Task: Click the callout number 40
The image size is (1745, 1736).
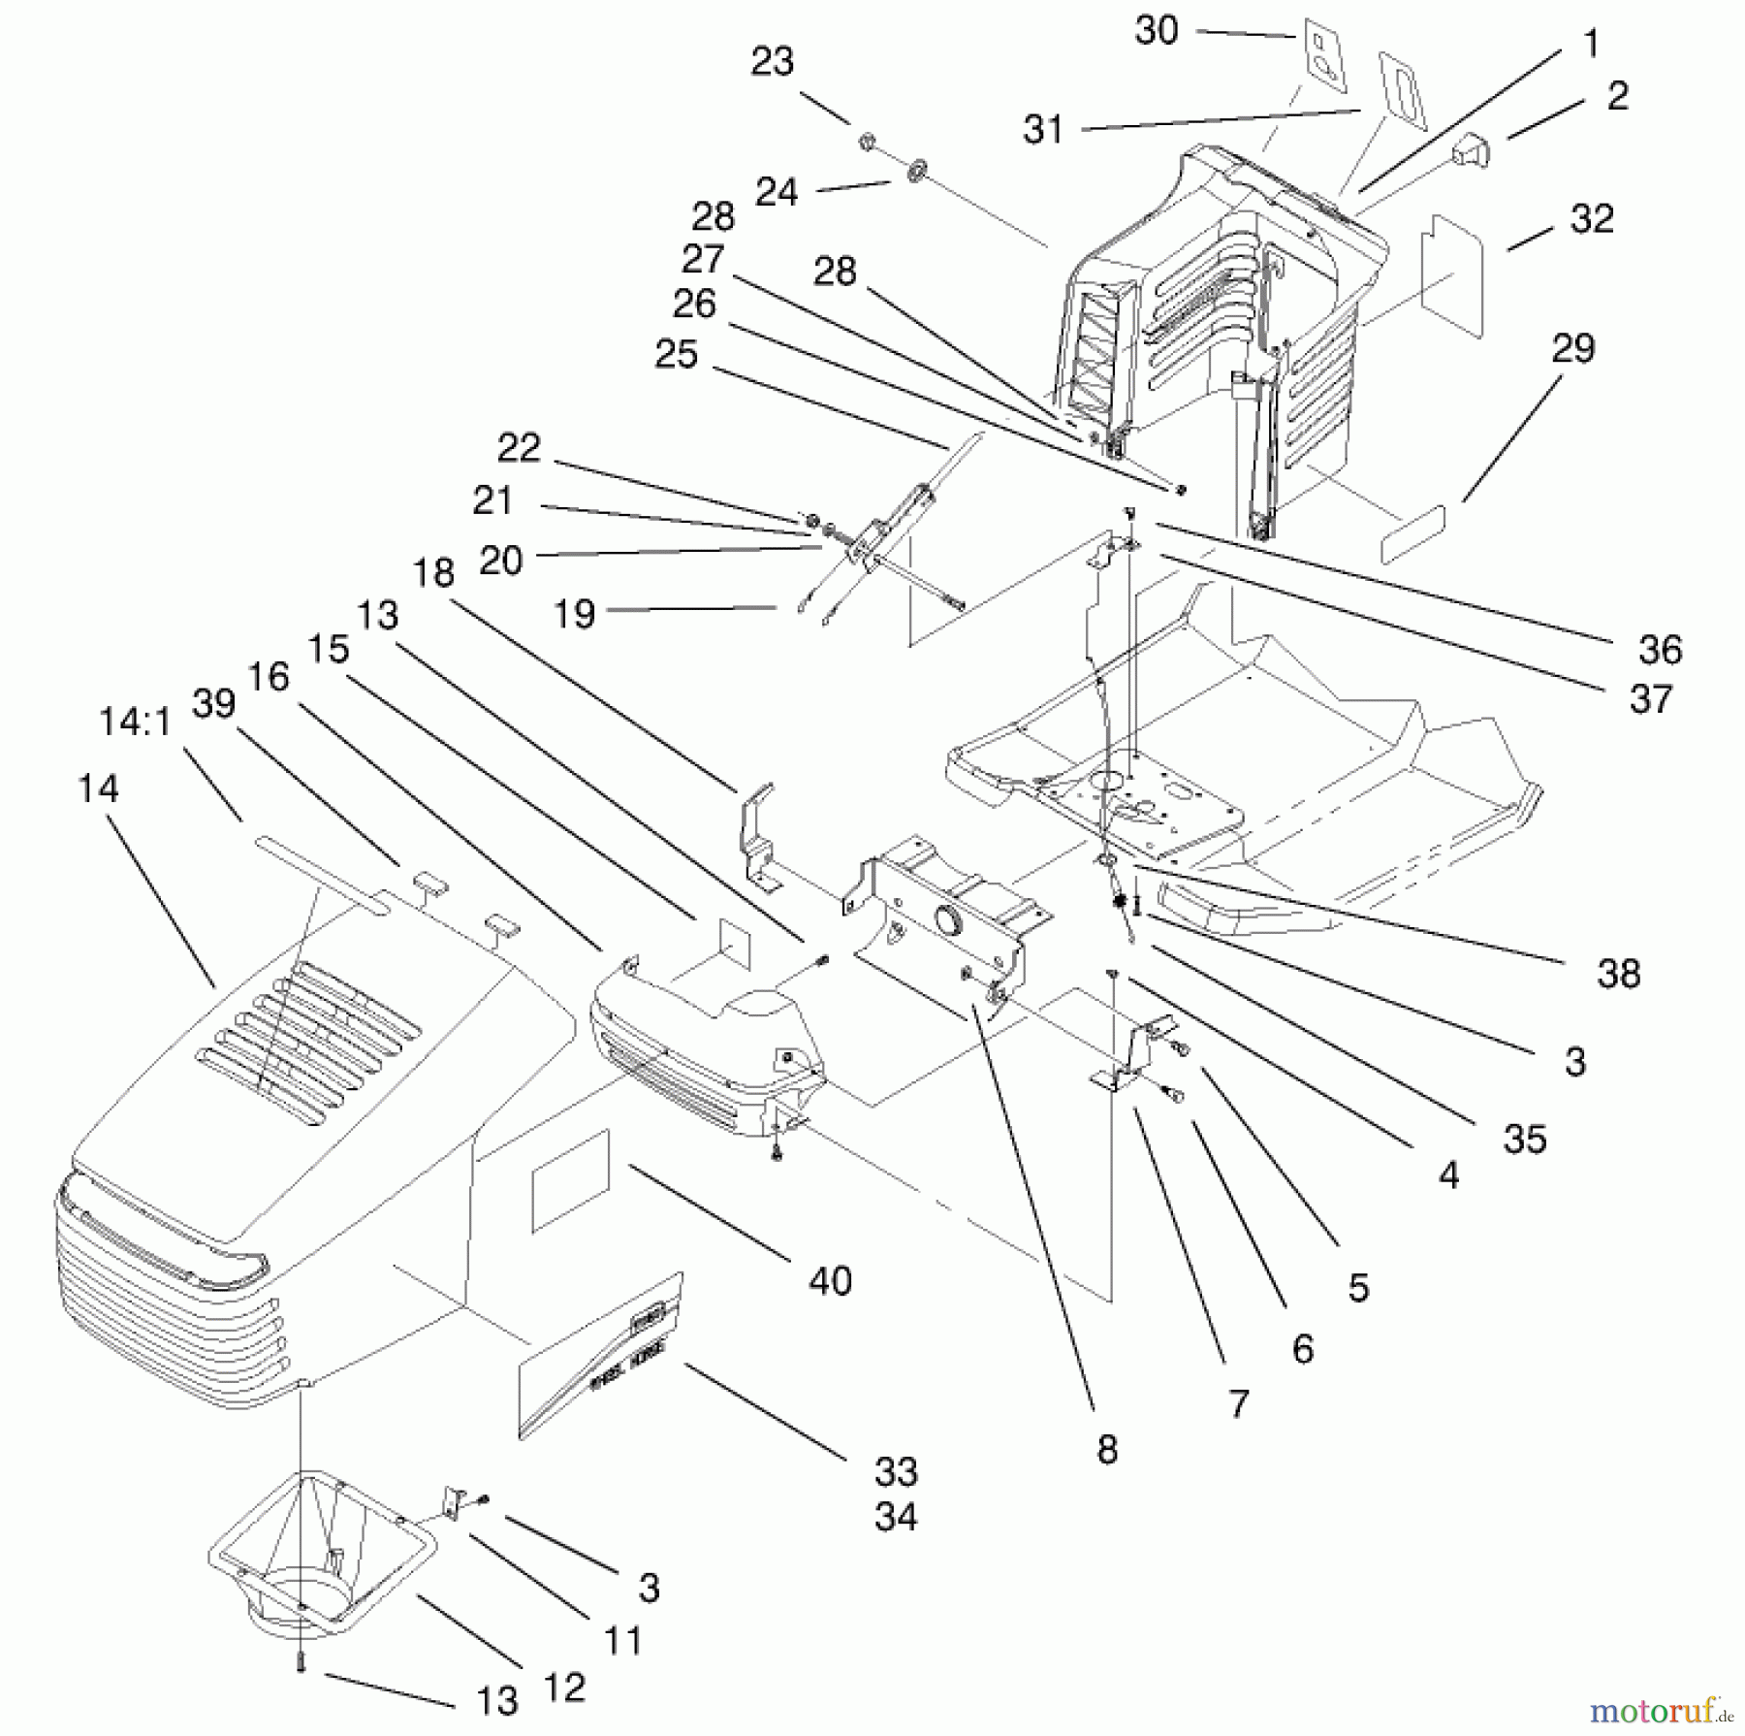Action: point(830,1281)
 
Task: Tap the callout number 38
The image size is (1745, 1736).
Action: point(1618,974)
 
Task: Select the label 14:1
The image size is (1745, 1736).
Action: point(135,722)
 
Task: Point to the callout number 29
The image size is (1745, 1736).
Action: point(1572,348)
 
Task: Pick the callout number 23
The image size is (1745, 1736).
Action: point(772,62)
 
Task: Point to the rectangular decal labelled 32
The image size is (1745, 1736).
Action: point(1452,276)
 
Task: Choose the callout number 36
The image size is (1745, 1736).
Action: point(1660,649)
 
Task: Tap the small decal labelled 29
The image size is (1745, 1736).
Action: point(1412,532)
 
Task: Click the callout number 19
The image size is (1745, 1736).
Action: point(573,613)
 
